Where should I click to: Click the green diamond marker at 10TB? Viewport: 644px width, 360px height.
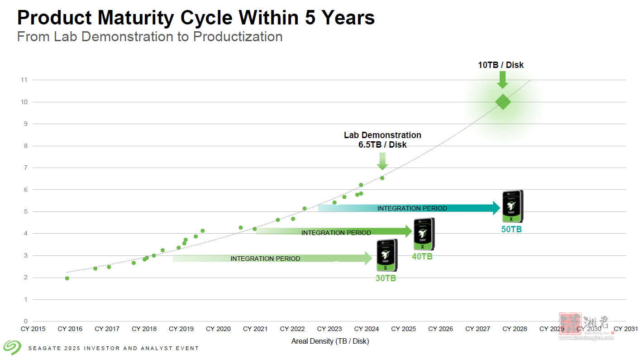tap(503, 102)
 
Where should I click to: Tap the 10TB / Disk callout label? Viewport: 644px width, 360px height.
tap(501, 65)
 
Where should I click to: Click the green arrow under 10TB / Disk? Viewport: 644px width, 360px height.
tap(502, 80)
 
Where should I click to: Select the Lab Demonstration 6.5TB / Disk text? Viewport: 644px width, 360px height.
tap(382, 140)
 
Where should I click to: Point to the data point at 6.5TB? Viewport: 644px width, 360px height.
tap(382, 178)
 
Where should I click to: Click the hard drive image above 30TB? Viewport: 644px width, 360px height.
tap(387, 255)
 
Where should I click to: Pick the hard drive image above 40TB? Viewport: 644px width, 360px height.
tap(424, 234)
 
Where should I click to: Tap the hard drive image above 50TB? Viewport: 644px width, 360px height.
tap(512, 206)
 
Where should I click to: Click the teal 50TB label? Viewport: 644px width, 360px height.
tap(511, 230)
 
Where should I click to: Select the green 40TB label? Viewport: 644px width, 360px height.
tap(422, 256)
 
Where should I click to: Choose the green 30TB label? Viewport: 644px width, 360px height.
tap(386, 278)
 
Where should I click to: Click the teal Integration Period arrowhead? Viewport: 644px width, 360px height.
tap(496, 208)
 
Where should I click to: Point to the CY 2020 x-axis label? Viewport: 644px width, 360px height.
tap(218, 329)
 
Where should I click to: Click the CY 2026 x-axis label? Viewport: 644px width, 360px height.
tap(440, 329)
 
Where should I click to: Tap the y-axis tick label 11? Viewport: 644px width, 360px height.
tap(24, 80)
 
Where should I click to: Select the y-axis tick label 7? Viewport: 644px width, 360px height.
tap(25, 168)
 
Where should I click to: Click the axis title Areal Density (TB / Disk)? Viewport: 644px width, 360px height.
tap(330, 341)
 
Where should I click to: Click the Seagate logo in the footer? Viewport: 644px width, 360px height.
tap(12, 347)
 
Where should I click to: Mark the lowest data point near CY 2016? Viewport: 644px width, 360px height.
tap(67, 278)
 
